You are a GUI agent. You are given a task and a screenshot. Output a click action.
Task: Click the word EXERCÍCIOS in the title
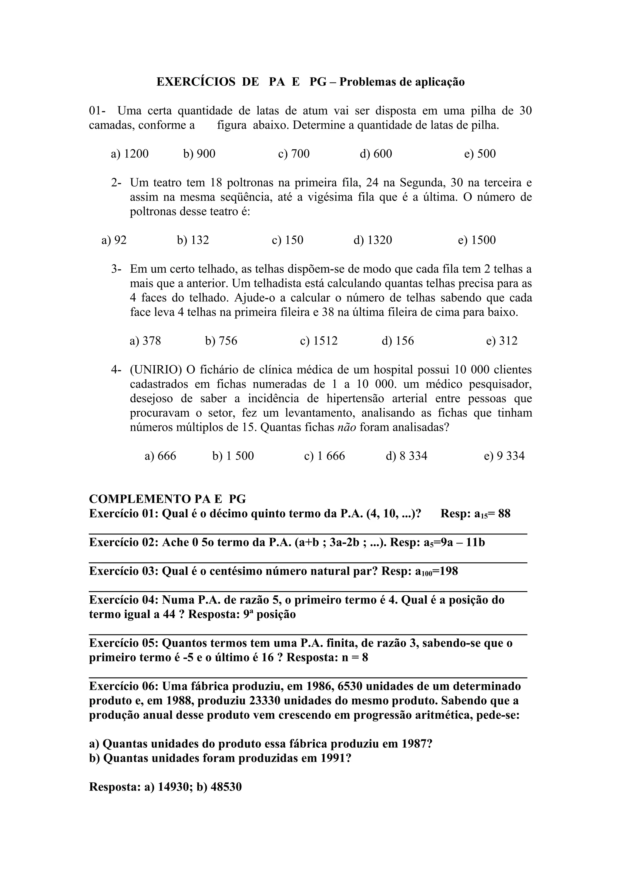196,82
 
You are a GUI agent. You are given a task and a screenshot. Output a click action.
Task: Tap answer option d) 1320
373,240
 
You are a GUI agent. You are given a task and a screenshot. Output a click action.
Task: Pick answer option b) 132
193,240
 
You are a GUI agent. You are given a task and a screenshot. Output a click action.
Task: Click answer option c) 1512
319,341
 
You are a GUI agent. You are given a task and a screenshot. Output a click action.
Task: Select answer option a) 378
146,341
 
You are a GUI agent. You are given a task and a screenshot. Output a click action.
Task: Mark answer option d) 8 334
406,456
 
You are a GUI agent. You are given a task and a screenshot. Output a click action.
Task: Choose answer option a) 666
160,456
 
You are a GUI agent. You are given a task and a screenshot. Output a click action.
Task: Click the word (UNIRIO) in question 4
156,370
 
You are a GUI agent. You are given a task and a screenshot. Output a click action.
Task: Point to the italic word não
347,427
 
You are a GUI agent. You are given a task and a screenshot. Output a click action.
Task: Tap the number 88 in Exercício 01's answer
504,514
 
